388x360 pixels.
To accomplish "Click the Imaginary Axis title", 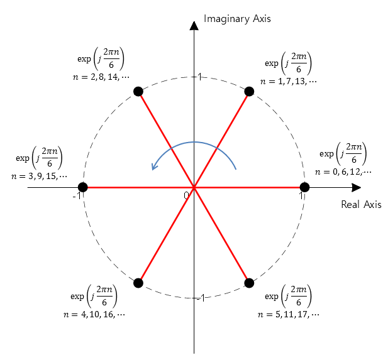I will pyautogui.click(x=237, y=19).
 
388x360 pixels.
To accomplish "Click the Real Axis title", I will pyautogui.click(x=361, y=204).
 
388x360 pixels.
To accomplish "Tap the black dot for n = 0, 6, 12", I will pyautogui.click(x=305, y=187).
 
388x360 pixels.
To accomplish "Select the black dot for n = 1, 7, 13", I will pyautogui.click(x=249, y=92).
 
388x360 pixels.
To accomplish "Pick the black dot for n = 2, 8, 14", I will pyautogui.click(x=138, y=92).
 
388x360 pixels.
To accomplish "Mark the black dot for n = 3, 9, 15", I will pyautogui.click(x=82, y=187).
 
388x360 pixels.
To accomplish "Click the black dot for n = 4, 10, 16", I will pyautogui.click(x=138, y=283).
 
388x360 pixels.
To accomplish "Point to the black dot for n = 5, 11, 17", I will pyautogui.click(x=249, y=283).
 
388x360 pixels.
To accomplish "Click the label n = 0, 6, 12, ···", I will pyautogui.click(x=343, y=172).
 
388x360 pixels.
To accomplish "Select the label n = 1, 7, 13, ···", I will pyautogui.click(x=289, y=81).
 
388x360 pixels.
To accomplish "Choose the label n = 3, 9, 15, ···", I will pyautogui.click(x=39, y=177).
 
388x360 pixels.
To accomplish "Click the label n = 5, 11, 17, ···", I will pyautogui.click(x=289, y=314).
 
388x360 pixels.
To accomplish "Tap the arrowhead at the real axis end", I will pyautogui.click(x=356, y=187).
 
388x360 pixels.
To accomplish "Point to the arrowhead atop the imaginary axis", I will pyautogui.click(x=194, y=25).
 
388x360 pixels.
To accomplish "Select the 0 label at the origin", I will pyautogui.click(x=186, y=195).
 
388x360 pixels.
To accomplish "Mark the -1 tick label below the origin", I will pyautogui.click(x=199, y=298).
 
